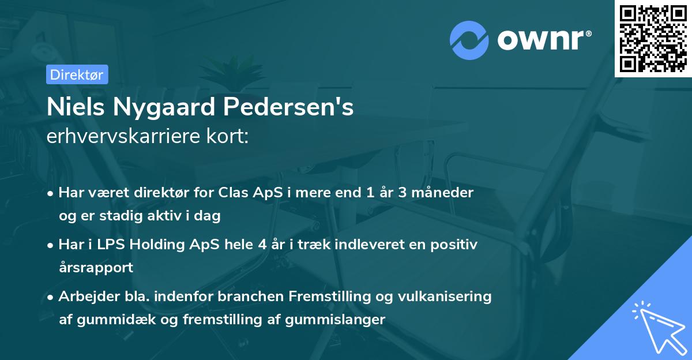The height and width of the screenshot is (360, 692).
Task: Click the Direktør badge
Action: [76, 75]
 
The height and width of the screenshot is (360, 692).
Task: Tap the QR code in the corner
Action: [653, 38]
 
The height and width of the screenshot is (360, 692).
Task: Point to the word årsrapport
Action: [96, 268]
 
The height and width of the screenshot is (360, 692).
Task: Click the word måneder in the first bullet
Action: [445, 193]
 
